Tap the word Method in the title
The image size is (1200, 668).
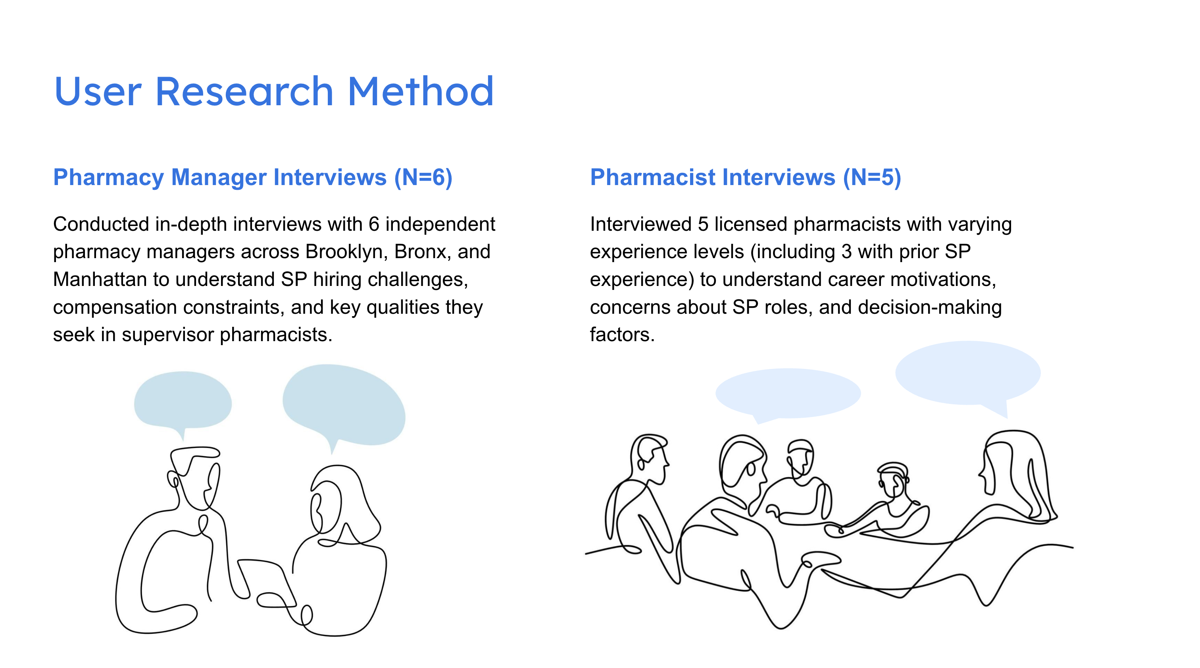[x=420, y=91]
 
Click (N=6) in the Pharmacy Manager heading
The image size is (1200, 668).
[x=423, y=178]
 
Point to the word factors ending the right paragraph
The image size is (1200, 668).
[x=622, y=335]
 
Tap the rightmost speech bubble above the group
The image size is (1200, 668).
[x=967, y=373]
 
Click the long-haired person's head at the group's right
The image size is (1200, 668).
[x=1011, y=466]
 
